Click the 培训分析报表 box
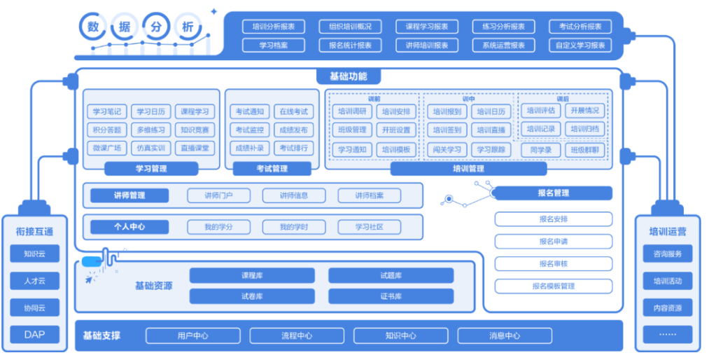click(x=274, y=27)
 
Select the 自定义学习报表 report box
click(x=580, y=46)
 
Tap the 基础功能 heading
click(x=348, y=76)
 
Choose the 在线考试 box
click(x=293, y=111)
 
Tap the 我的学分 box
click(x=218, y=227)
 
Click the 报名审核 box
click(x=553, y=263)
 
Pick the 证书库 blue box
click(x=391, y=296)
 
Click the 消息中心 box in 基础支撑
click(x=504, y=335)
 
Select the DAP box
click(x=34, y=334)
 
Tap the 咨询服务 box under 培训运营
click(x=667, y=254)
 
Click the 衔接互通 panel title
click(x=34, y=232)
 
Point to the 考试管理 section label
click(x=271, y=169)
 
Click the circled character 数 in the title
click(x=92, y=27)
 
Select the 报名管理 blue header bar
click(x=553, y=193)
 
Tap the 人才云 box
click(x=34, y=281)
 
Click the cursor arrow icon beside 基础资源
click(x=90, y=279)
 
